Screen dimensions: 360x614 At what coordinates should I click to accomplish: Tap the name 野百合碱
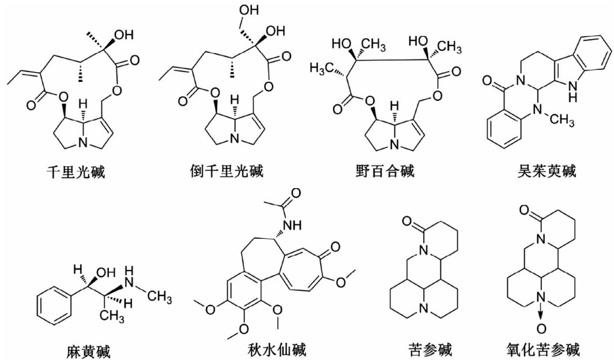386,172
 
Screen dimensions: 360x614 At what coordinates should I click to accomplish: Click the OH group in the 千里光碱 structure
123,35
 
